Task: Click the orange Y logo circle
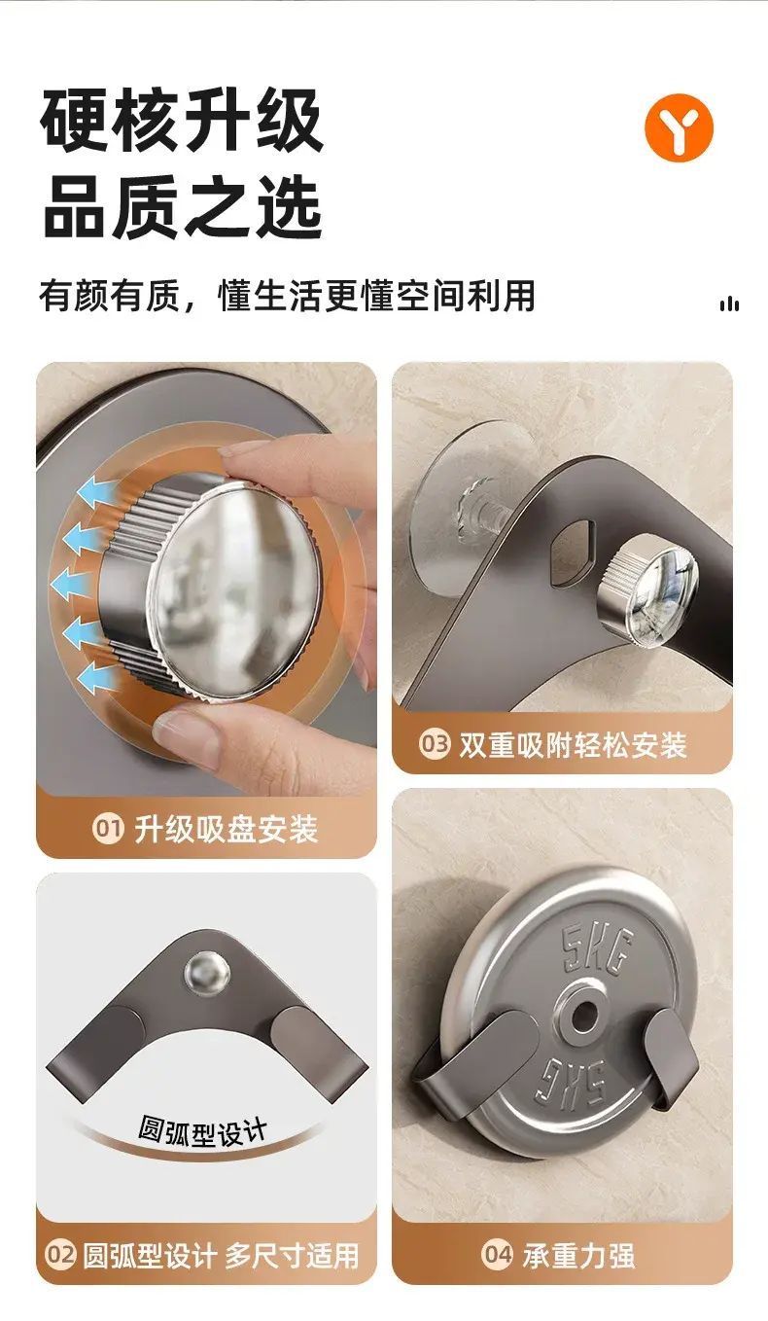point(679,126)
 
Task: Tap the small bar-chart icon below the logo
point(729,303)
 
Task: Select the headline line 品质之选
point(182,207)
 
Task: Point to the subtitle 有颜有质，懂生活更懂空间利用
point(287,296)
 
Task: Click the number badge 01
point(108,829)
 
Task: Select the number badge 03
point(435,744)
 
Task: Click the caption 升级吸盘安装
point(227,829)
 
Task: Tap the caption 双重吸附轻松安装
point(573,745)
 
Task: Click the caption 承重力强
point(578,1255)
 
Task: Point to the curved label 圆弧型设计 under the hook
point(202,1131)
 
